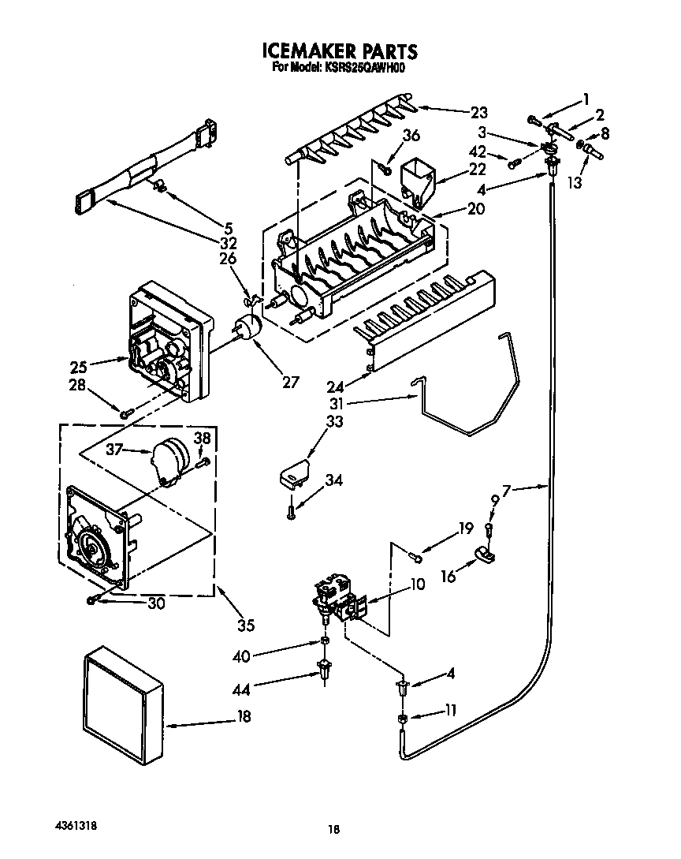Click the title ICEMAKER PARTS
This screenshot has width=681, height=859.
pyautogui.click(x=339, y=52)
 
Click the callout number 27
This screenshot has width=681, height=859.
pyautogui.click(x=291, y=383)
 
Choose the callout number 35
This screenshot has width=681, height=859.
pyautogui.click(x=246, y=626)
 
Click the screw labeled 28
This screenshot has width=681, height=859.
pyautogui.click(x=124, y=413)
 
